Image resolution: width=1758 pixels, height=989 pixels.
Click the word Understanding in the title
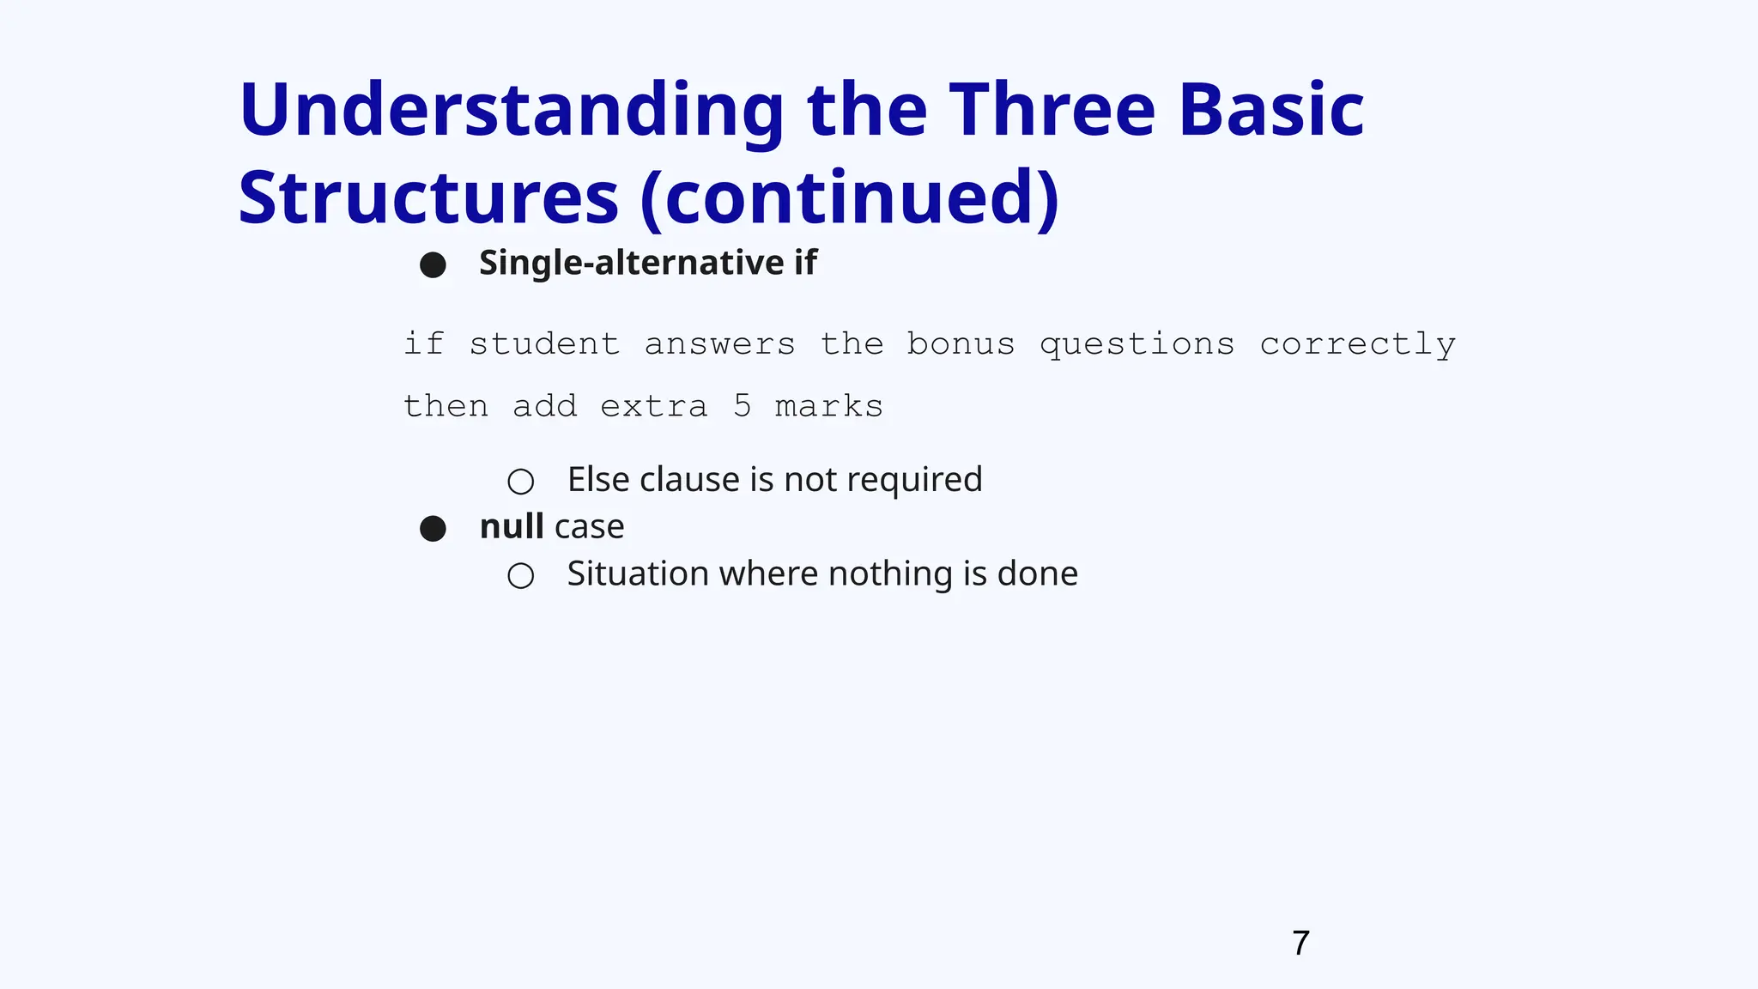click(x=512, y=112)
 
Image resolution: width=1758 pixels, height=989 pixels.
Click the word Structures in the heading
click(x=428, y=199)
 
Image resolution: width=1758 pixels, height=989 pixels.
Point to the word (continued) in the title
click(x=850, y=199)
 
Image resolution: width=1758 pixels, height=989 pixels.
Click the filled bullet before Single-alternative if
click(x=433, y=264)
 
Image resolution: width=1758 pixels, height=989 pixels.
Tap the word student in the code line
click(x=544, y=344)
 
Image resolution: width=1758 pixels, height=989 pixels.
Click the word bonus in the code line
click(x=961, y=344)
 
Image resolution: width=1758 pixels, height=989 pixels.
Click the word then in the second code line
click(x=446, y=406)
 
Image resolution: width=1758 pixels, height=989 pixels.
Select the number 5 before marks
click(x=743, y=406)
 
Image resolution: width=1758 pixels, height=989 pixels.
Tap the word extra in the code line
click(x=654, y=406)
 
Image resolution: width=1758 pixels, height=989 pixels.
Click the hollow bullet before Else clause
click(x=520, y=482)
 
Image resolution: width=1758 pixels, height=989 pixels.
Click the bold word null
click(x=511, y=526)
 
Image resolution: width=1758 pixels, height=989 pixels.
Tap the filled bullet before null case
click(x=433, y=529)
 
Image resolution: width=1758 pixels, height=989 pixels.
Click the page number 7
click(x=1300, y=943)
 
